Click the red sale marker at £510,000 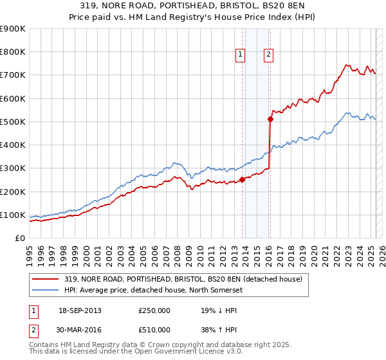[x=271, y=119]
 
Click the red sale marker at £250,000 [x=242, y=179]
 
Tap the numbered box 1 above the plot [x=239, y=55]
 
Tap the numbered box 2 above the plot [x=268, y=55]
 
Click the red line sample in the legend [x=46, y=278]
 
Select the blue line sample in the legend [x=46, y=290]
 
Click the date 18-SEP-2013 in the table [x=80, y=310]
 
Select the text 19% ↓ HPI [x=219, y=310]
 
